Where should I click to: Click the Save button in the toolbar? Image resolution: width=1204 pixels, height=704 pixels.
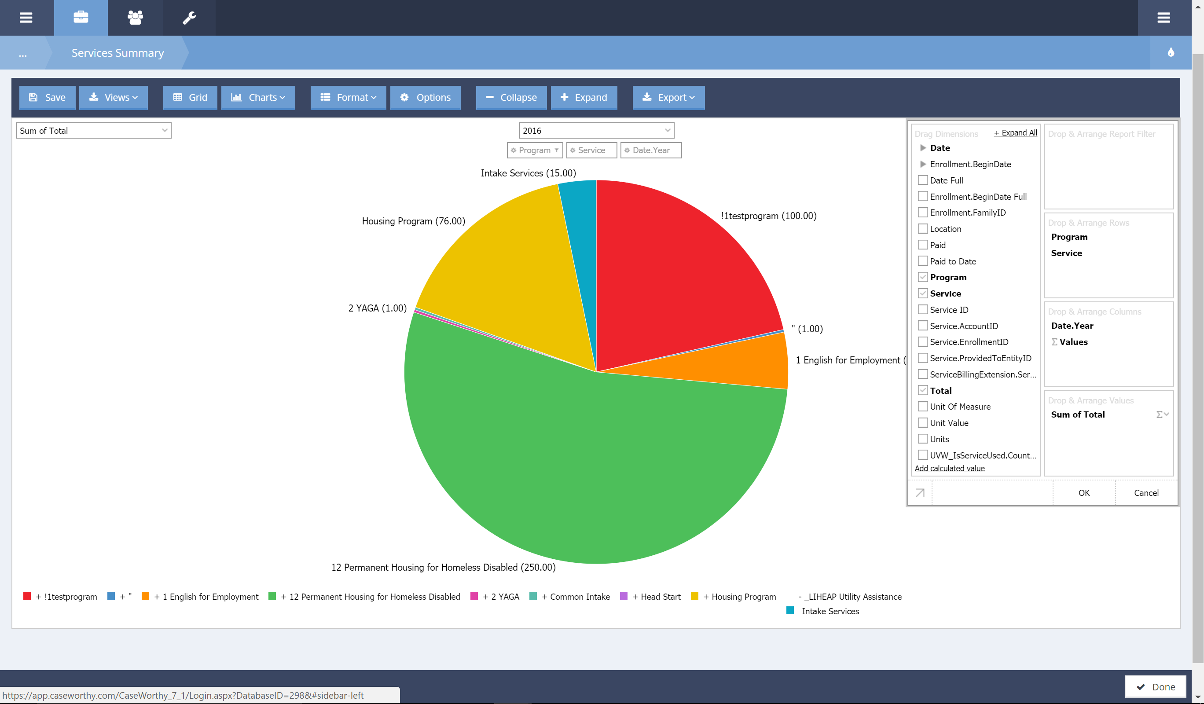tap(47, 97)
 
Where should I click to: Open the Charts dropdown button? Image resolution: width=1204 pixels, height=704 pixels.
tap(258, 97)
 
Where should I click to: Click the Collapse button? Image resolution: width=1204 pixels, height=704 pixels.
tap(511, 97)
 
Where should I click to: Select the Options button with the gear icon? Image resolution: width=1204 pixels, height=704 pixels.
tap(425, 97)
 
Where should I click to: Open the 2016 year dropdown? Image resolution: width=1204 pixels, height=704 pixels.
tap(596, 130)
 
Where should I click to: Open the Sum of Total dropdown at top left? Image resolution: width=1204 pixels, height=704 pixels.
tap(94, 130)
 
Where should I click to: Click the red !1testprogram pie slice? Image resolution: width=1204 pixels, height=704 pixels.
tap(679, 268)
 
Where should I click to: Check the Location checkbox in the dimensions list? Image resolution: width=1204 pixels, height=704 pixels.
tap(923, 229)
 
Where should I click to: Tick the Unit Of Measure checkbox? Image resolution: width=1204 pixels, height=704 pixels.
tap(923, 407)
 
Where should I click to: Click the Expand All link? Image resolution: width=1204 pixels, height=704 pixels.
tap(1015, 133)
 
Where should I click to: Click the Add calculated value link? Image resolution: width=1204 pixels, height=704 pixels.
tap(949, 469)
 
